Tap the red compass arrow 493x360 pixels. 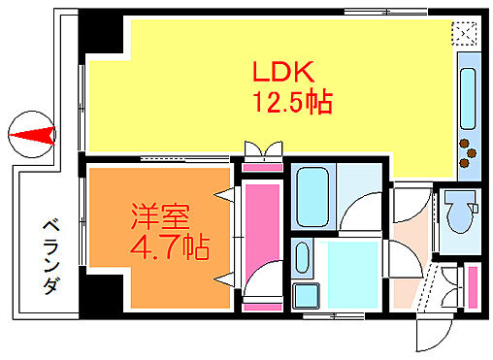click(x=35, y=134)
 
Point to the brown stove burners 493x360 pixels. click(x=470, y=149)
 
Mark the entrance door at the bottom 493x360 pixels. click(x=427, y=335)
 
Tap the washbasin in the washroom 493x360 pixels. click(x=302, y=259)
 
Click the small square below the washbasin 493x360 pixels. click(x=308, y=293)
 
